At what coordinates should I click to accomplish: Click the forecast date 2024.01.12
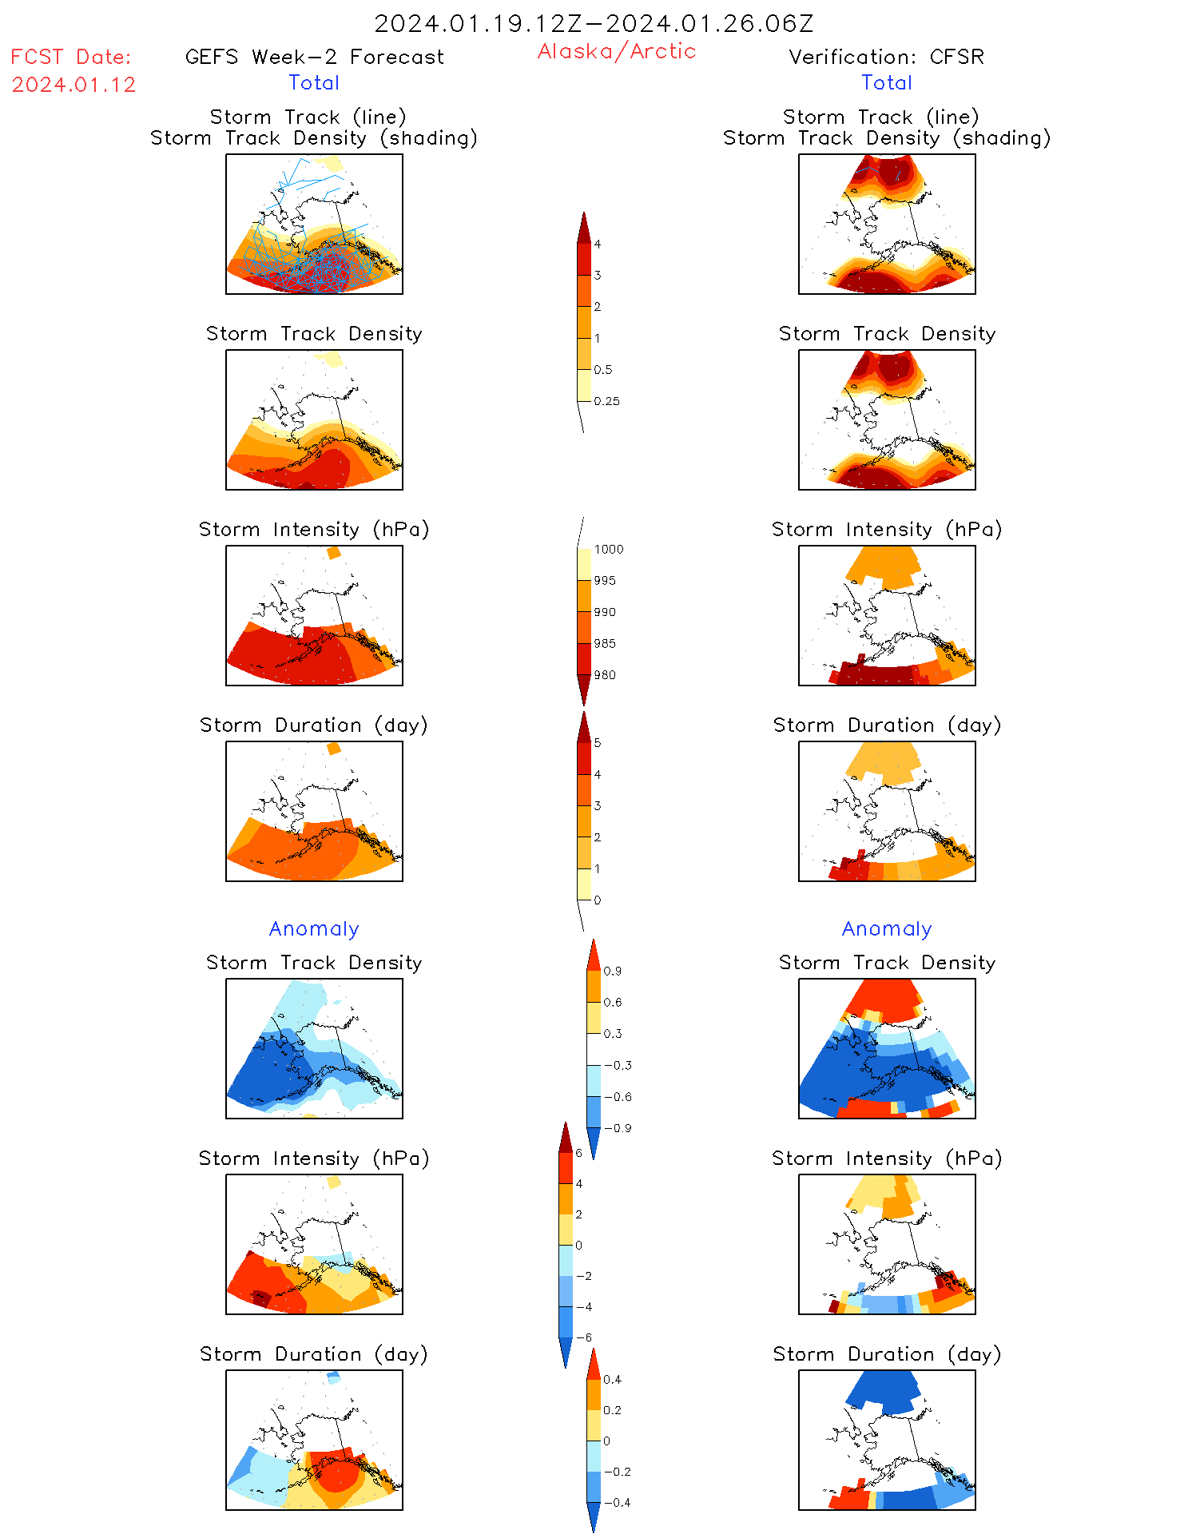click(74, 85)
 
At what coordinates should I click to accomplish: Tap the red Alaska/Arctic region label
click(616, 51)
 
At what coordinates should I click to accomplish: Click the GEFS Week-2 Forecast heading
click(314, 57)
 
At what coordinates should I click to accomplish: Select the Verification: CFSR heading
click(886, 57)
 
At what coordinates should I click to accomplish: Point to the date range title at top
click(594, 23)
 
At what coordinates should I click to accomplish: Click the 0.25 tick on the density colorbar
click(606, 401)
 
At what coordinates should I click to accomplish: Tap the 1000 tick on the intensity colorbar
click(608, 549)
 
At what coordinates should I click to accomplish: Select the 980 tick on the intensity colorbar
click(605, 675)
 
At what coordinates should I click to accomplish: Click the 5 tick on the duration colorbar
click(597, 743)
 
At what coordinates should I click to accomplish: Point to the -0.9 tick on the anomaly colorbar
click(617, 1128)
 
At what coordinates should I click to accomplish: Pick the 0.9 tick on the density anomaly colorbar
click(612, 971)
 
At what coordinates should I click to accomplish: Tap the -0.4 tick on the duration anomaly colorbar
click(616, 1502)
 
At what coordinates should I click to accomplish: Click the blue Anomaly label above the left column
click(314, 928)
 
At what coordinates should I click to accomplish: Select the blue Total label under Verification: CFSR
click(886, 82)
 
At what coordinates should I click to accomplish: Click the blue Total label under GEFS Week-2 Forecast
click(314, 82)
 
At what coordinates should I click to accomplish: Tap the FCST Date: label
click(70, 57)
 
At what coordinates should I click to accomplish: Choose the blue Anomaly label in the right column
click(887, 928)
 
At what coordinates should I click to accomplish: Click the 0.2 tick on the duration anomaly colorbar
click(612, 1410)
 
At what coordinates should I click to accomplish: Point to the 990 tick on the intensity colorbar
click(605, 612)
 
